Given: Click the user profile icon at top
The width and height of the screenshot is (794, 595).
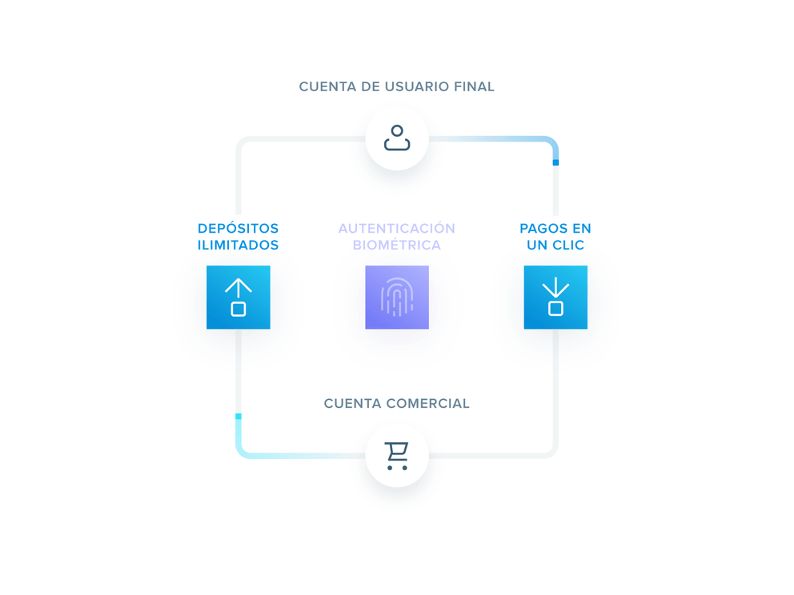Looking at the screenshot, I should (397, 138).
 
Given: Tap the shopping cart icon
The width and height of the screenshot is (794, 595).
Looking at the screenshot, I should (397, 455).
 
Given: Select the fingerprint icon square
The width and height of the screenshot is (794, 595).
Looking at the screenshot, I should (397, 297).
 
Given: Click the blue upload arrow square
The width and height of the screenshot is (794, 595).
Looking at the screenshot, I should (239, 297).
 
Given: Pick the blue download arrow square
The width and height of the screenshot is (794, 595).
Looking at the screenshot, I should (555, 297).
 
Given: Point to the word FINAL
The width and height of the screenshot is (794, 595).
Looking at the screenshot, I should (474, 86).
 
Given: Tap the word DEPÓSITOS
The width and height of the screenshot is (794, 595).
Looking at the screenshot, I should (239, 229).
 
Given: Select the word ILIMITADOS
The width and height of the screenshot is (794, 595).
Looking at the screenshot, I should (239, 246).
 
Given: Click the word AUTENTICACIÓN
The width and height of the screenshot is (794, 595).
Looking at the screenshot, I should (397, 229).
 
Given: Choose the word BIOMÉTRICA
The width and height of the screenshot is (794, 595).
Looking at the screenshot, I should (397, 246).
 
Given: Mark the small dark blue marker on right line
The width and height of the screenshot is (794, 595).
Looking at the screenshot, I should (555, 162).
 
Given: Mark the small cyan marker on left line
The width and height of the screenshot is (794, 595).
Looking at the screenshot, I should (239, 417).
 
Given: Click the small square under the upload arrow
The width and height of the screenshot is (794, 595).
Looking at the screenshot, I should (239, 309).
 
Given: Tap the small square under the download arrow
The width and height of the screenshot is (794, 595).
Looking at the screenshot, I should (555, 309).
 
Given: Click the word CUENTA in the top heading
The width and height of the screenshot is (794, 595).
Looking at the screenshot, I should (327, 86).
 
